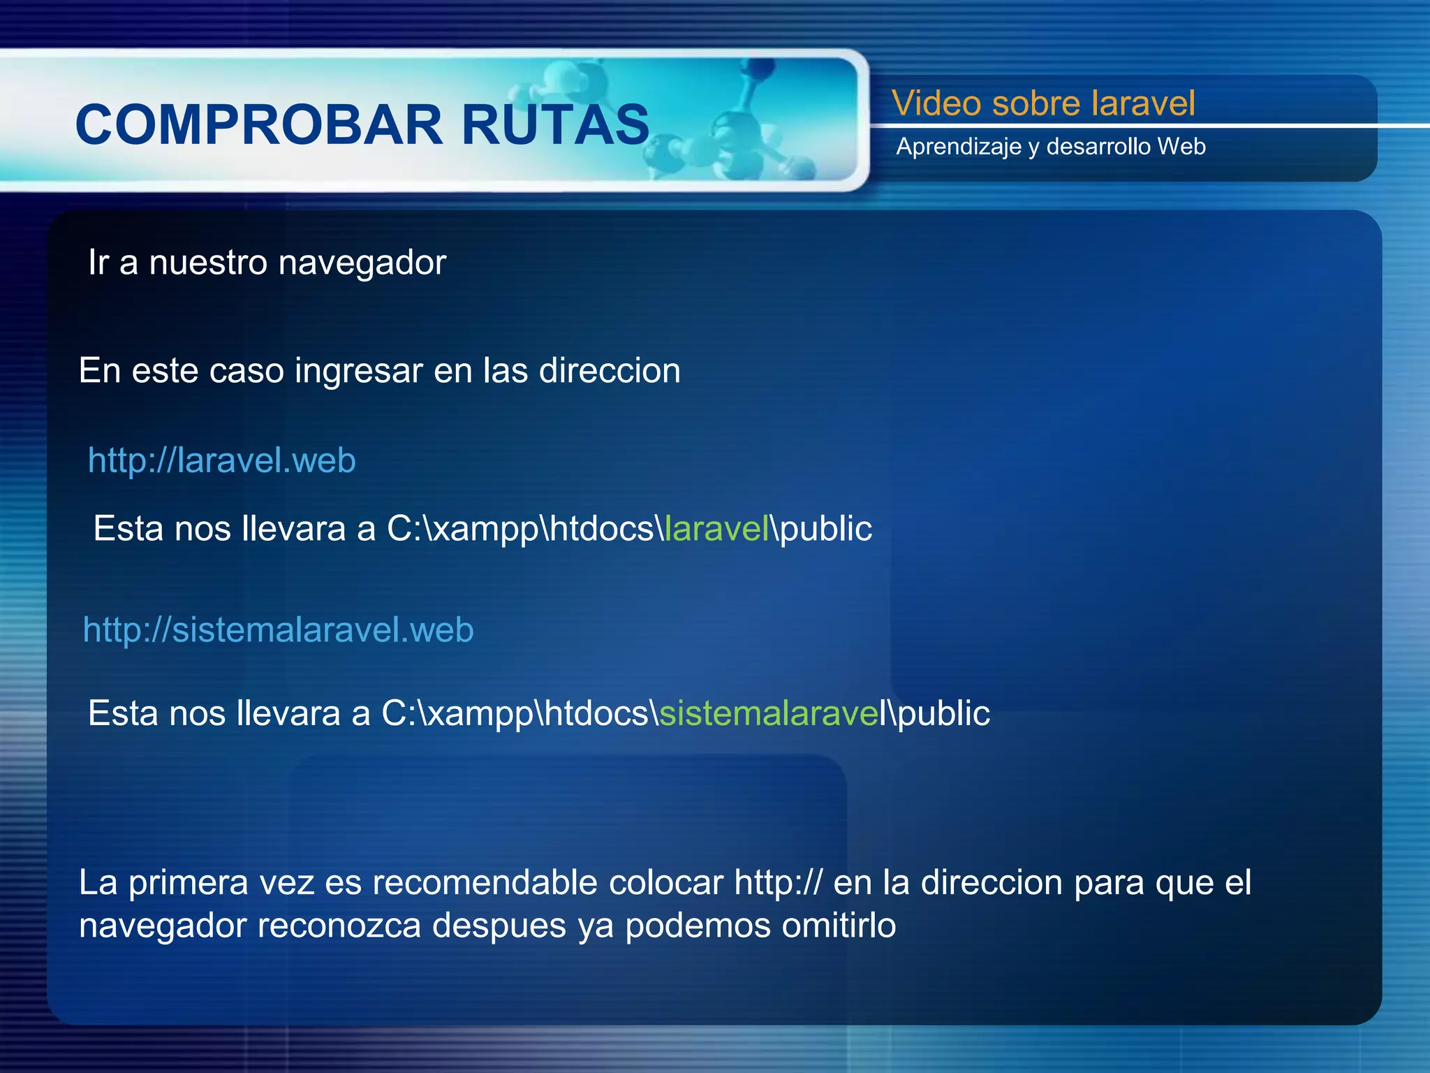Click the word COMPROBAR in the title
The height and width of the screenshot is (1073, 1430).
pyautogui.click(x=258, y=126)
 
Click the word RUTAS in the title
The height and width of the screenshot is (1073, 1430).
pyautogui.click(x=555, y=126)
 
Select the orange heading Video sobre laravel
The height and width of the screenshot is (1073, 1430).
pyautogui.click(x=1043, y=103)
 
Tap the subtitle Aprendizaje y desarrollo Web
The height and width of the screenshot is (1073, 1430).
pyautogui.click(x=1051, y=147)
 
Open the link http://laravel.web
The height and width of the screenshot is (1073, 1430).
pyautogui.click(x=222, y=461)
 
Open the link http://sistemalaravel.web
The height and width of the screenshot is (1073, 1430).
pyautogui.click(x=278, y=630)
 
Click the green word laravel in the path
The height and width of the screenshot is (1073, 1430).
pyautogui.click(x=716, y=529)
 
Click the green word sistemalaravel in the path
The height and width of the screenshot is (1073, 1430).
pyautogui.click(x=769, y=714)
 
